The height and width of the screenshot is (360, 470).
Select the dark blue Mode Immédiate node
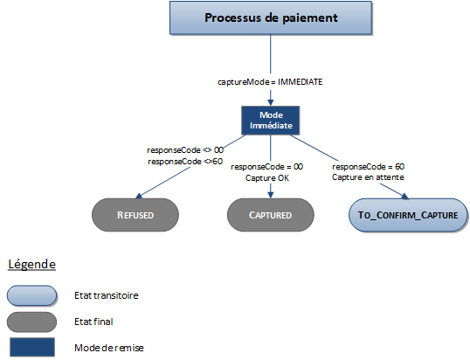pyautogui.click(x=270, y=121)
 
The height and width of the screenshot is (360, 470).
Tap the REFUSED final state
pyautogui.click(x=135, y=214)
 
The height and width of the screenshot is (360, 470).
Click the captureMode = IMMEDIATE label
pyautogui.click(x=271, y=81)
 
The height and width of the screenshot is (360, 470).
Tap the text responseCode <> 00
pyautogui.click(x=185, y=150)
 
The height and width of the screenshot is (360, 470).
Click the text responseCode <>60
pyautogui.click(x=185, y=161)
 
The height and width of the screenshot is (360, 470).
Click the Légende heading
pyautogui.click(x=31, y=264)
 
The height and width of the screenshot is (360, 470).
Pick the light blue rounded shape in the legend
pyautogui.click(x=31, y=295)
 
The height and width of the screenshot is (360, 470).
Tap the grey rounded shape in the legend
pyautogui.click(x=31, y=322)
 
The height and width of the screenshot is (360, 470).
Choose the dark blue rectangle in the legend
pyautogui.click(x=31, y=348)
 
